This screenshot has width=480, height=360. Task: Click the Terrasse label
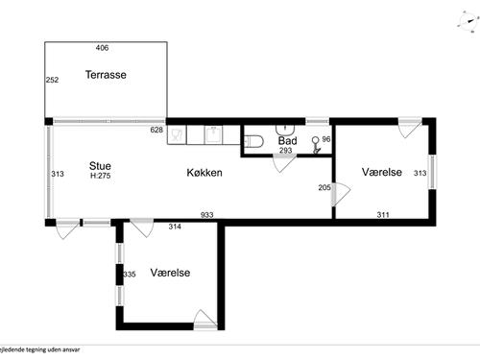[x=106, y=75]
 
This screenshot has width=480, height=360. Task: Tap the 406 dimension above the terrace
[x=103, y=47]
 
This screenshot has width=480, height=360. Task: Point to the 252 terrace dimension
[x=53, y=81]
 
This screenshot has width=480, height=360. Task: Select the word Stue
[x=100, y=165]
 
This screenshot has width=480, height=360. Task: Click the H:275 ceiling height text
[x=101, y=176]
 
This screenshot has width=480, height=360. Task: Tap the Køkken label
[x=204, y=173]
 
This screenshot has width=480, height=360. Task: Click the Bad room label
[x=287, y=140]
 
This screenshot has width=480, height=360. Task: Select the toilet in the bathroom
[x=253, y=142]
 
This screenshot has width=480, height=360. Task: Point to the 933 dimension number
[x=206, y=215]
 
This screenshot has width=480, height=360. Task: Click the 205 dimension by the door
[x=324, y=188]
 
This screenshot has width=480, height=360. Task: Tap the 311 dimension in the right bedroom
[x=383, y=215]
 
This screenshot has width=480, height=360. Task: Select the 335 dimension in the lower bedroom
[x=130, y=275]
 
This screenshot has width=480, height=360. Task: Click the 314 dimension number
[x=175, y=227]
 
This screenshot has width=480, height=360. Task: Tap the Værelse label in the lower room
[x=170, y=273]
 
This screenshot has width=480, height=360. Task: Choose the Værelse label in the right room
[x=381, y=172]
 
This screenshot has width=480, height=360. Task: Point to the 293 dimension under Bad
[x=285, y=151]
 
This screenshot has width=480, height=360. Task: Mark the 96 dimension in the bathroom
[x=326, y=139]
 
